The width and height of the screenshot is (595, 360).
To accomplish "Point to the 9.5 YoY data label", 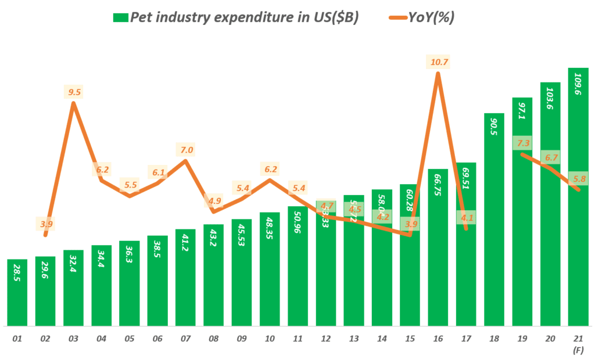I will pos(73,92).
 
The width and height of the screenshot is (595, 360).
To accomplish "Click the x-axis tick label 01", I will pos(17,339).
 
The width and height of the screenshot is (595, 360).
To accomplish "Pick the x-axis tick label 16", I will pos(438,339).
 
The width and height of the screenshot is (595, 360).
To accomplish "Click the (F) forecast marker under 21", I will pos(578,350).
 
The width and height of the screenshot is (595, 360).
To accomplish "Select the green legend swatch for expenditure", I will pos(120,17).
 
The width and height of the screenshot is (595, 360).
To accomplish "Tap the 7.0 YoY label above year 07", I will pos(186,150).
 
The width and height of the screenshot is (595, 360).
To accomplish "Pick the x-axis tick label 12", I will pos(326,339).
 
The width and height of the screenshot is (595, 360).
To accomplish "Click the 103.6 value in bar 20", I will pos(550,102).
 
